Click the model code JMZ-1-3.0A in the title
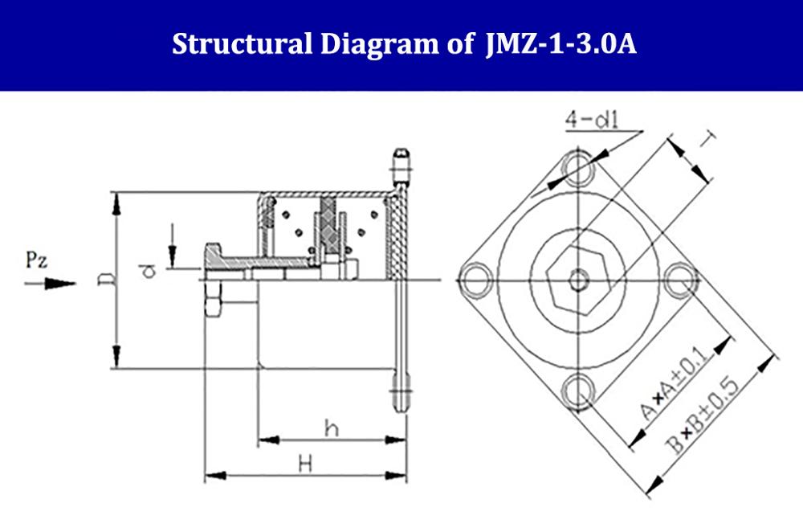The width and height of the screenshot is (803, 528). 560,44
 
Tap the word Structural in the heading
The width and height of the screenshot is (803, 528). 242,44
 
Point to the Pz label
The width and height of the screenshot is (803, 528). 37,260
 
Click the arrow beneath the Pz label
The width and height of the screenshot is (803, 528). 50,284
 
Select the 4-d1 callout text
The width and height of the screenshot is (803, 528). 592,120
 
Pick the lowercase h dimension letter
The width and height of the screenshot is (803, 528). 332,428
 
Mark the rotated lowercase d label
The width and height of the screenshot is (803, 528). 148,270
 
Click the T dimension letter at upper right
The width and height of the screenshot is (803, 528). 707,138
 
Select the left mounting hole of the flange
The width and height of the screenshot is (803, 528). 475,280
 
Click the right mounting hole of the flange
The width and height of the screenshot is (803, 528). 681,280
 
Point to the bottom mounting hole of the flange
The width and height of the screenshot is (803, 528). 578,391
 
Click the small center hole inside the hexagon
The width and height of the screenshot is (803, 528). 578,280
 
